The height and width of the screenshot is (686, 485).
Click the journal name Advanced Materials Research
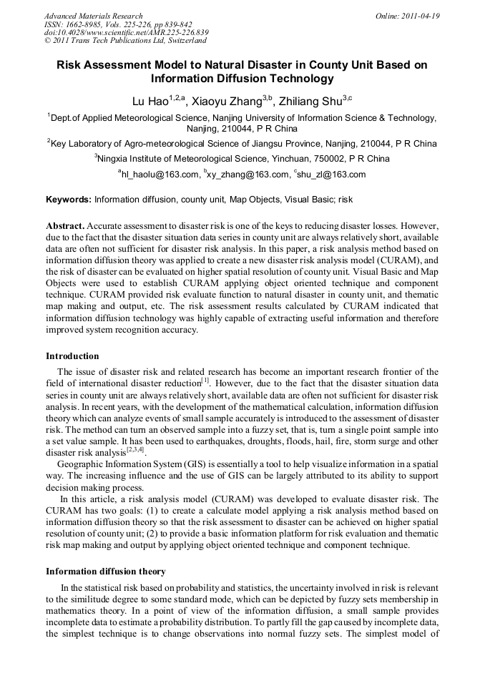tap(93, 16)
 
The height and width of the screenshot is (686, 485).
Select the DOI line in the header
tap(126, 33)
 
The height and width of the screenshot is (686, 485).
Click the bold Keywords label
tap(69, 199)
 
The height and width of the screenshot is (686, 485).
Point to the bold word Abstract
tap(66, 225)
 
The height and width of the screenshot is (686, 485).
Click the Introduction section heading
tap(72, 356)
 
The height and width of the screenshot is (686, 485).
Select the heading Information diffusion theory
tap(106, 572)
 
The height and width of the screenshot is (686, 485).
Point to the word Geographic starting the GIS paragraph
tap(80, 464)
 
